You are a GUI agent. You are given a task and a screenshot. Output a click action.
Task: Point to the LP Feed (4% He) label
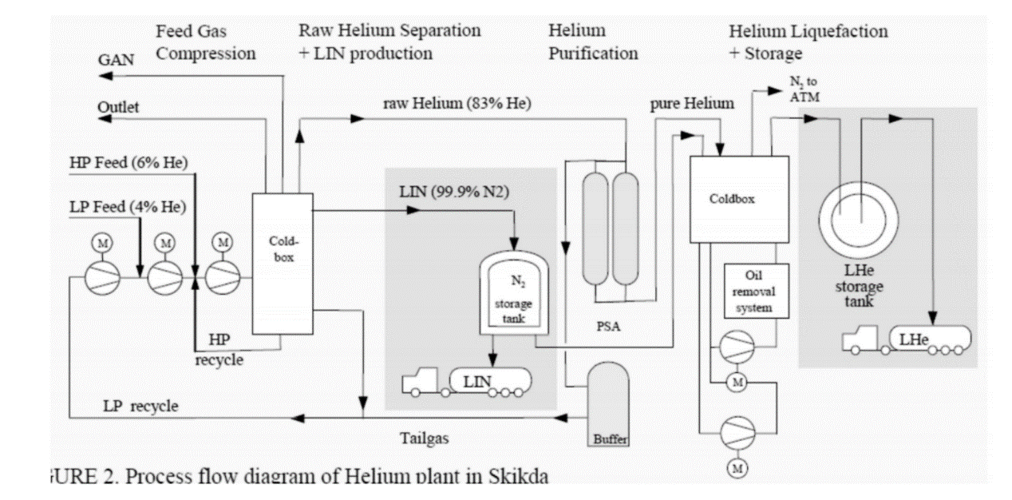coord(128,207)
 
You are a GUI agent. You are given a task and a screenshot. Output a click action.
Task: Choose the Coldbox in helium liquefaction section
coord(738,199)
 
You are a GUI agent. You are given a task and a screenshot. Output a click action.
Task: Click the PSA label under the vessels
coord(610,327)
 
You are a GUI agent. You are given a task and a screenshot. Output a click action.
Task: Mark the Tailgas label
coord(424,437)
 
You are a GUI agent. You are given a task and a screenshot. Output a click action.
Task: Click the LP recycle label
coord(140,406)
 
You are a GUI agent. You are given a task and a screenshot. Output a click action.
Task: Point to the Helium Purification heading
coord(593,43)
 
